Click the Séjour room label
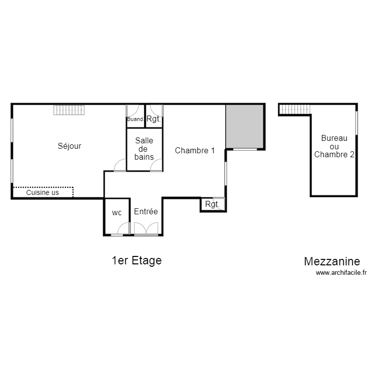tap(69, 146)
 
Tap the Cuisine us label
tap(43, 192)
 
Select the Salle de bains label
tap(144, 149)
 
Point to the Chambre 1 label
tap(195, 150)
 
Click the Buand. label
tap(135, 119)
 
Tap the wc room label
tap(117, 213)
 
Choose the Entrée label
tap(146, 211)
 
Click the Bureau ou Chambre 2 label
tap(334, 146)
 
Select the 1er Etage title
tap(137, 260)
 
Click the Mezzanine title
tap(332, 261)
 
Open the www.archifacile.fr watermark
tap(341, 273)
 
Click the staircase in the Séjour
tap(69, 110)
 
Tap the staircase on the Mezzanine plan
tap(295, 110)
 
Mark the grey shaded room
tap(245, 126)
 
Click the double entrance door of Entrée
tap(146, 229)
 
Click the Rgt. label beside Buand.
tap(154, 119)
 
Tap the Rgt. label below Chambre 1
tap(212, 204)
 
